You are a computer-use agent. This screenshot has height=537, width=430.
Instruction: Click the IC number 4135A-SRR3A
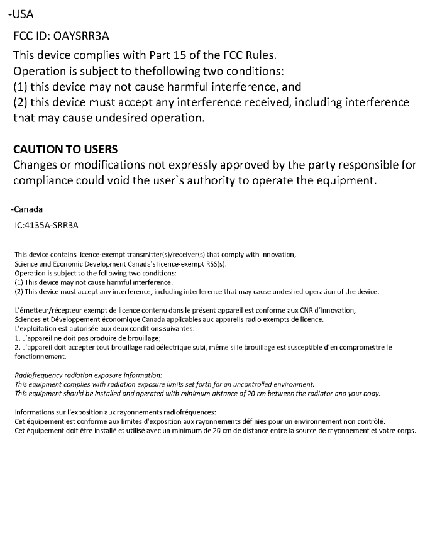[50, 224]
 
